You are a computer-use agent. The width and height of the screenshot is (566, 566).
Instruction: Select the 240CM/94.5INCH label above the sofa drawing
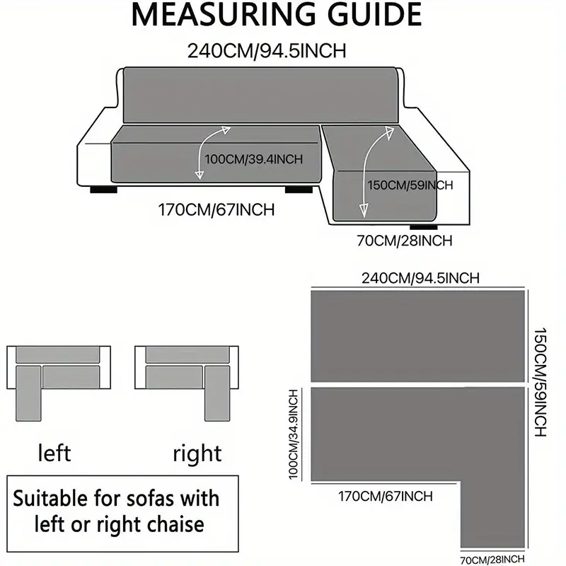(266, 51)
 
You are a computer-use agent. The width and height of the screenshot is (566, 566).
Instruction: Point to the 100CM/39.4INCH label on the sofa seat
(253, 159)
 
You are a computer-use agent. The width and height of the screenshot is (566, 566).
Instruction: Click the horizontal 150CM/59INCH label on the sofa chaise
(410, 185)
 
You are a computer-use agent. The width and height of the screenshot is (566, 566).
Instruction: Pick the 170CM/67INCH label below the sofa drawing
(216, 209)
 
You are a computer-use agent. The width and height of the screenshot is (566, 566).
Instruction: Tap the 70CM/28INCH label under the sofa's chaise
(404, 241)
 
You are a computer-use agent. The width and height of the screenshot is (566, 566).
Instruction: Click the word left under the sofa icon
(54, 452)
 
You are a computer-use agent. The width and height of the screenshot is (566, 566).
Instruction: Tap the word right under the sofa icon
(197, 454)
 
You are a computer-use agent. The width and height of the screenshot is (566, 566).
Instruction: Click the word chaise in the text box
(170, 524)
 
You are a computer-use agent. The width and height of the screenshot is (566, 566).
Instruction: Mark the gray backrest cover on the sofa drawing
(260, 94)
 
